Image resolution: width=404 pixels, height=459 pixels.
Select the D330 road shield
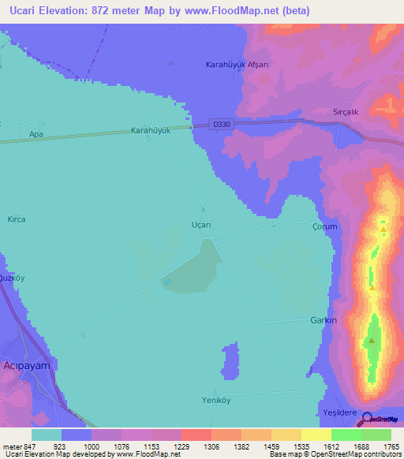[x=222, y=124]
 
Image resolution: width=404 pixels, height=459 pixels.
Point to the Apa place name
[x=36, y=135]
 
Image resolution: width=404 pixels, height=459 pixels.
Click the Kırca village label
[x=17, y=219]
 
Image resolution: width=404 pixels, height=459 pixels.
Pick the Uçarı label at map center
[x=202, y=225]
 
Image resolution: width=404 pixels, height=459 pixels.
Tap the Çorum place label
[x=324, y=226]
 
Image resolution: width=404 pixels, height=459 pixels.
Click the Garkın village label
[x=324, y=321]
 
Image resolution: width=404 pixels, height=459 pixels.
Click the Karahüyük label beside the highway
[x=151, y=132]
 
